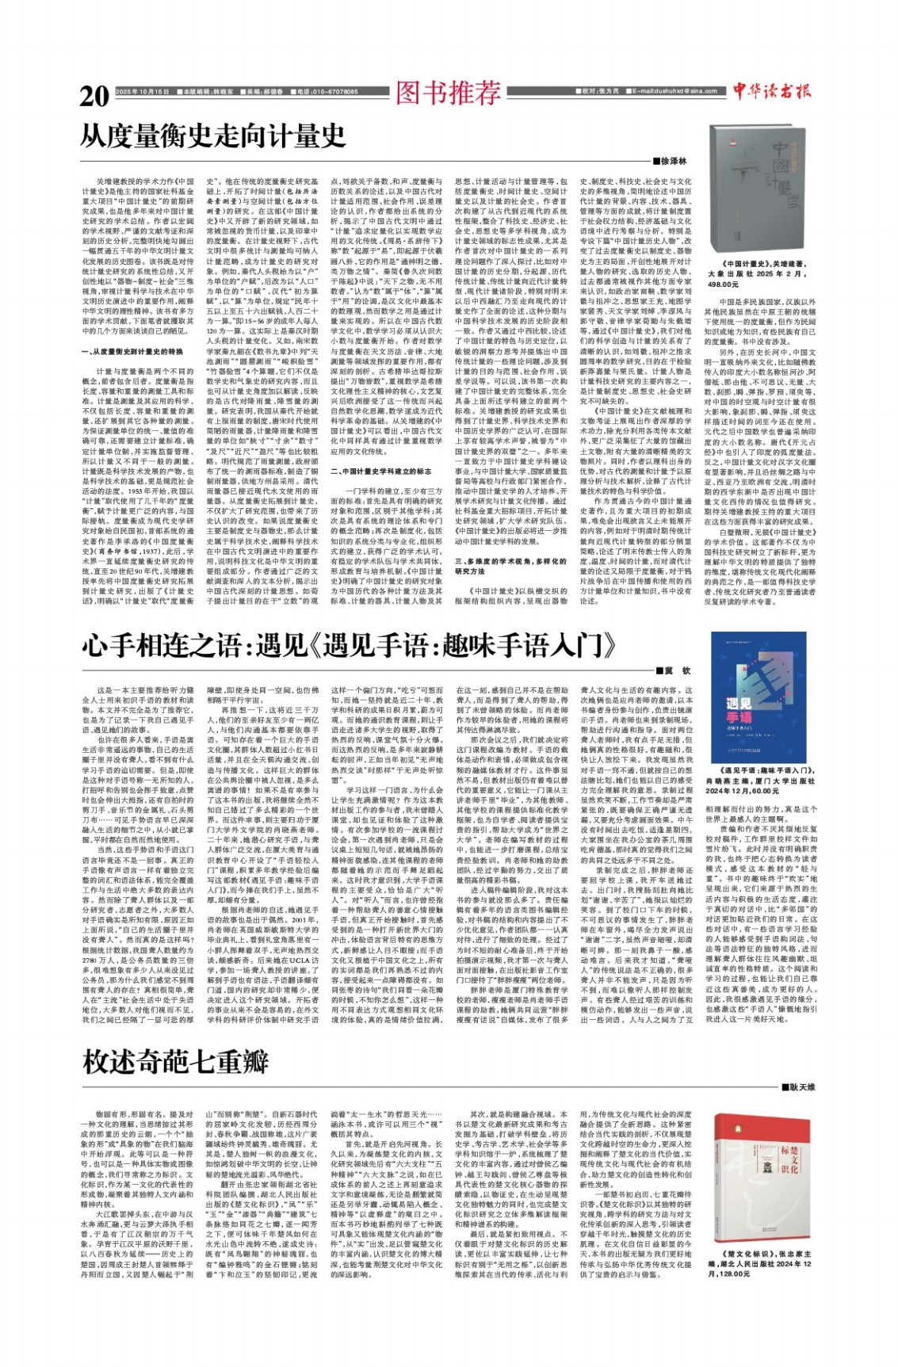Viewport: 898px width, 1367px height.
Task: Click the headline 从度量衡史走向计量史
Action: (213, 135)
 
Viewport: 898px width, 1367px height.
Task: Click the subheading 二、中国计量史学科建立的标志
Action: (386, 471)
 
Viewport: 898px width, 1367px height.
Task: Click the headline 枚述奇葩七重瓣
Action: (175, 1061)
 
